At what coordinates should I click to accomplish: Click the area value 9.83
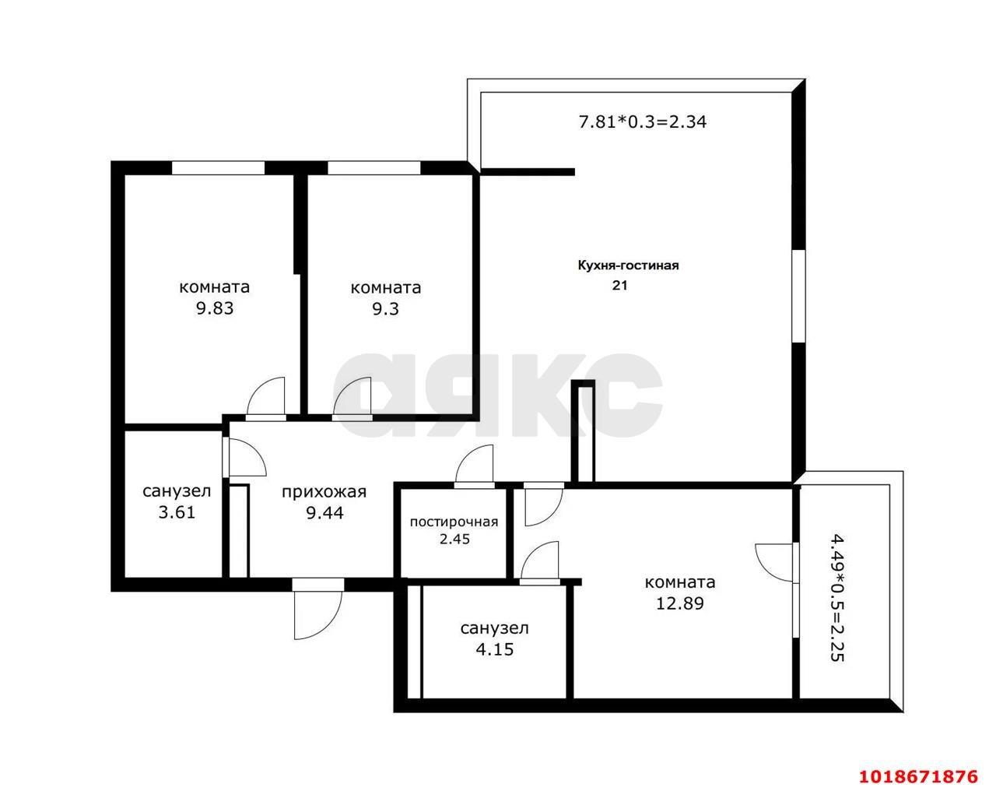click(x=215, y=308)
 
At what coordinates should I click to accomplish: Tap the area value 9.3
click(x=385, y=309)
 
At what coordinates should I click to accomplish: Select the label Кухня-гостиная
click(x=628, y=265)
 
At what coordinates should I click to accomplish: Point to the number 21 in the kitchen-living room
click(x=619, y=285)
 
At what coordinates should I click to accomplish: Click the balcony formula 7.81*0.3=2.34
click(x=643, y=121)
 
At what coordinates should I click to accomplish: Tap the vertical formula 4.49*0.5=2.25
click(x=837, y=599)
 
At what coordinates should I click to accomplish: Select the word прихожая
click(x=324, y=492)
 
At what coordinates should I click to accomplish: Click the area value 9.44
click(x=324, y=513)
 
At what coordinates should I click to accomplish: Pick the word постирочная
click(x=454, y=522)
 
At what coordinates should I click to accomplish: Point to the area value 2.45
click(x=454, y=539)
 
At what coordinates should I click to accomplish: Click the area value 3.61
click(x=177, y=512)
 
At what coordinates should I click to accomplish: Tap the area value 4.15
click(x=495, y=649)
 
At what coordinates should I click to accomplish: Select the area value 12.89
click(x=680, y=603)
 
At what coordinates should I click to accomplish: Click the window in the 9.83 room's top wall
click(x=218, y=167)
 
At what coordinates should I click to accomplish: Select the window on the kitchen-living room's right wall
click(x=798, y=297)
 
